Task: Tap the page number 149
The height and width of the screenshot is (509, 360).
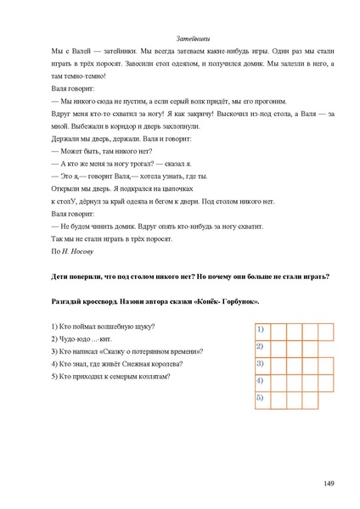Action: [329, 483]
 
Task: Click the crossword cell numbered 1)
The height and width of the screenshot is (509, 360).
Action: [263, 329]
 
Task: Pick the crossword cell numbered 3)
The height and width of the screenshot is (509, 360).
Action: [263, 364]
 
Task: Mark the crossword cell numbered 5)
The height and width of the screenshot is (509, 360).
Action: [263, 398]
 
